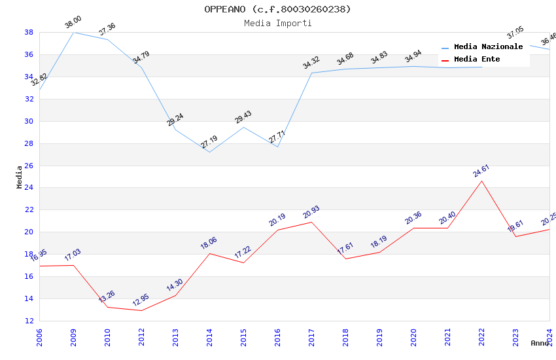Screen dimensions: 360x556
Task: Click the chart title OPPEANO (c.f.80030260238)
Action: coord(277,9)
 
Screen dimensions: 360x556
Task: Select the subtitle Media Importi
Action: coord(277,23)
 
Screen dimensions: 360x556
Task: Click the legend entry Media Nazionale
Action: coord(488,47)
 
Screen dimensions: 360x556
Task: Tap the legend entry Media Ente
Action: coord(477,60)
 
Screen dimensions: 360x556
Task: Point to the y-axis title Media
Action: coord(20,177)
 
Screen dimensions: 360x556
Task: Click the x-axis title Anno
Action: coord(540,343)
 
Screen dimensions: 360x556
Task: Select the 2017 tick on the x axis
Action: coord(311,336)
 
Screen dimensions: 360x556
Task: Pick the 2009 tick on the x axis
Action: coord(73,336)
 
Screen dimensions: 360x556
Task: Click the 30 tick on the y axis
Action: coord(29,121)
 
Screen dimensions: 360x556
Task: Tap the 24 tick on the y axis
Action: coord(29,188)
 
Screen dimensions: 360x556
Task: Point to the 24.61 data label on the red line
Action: coord(481,171)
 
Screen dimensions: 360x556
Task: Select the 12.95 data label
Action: coord(141,301)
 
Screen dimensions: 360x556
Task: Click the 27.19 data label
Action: coord(209,142)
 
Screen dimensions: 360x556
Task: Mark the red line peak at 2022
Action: coord(481,181)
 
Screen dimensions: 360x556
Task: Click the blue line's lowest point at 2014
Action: coord(209,153)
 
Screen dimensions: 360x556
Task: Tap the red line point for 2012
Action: coord(141,310)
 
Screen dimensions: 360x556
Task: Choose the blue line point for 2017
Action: coord(311,73)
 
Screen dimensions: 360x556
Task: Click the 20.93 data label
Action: coord(311,213)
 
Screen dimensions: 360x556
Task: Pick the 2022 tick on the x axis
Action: coord(481,336)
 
